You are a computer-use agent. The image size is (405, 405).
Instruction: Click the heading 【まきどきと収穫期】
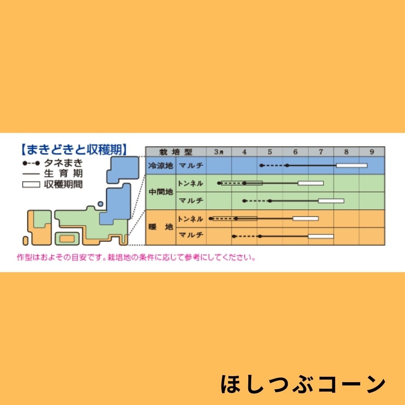[74, 150]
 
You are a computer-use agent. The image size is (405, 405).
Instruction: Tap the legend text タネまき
[63, 163]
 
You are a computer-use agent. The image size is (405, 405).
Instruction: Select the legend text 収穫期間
[63, 184]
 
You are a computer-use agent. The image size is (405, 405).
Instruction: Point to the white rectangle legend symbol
[31, 184]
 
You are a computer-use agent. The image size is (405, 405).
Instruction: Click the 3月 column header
[219, 151]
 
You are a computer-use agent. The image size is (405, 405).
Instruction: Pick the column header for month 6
[295, 152]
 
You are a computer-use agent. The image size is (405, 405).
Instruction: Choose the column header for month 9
[372, 152]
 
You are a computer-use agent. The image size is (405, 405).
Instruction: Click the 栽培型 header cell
[175, 152]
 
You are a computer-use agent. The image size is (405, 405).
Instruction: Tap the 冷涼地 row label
[160, 166]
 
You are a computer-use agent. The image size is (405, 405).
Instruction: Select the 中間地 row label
[160, 192]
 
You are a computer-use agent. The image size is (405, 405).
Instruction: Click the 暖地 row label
[160, 227]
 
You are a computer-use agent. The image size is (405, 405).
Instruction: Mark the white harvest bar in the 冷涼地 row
[351, 165]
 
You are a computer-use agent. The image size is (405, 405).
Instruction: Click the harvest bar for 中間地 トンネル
[311, 183]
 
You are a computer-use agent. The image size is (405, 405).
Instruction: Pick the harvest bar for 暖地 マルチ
[321, 236]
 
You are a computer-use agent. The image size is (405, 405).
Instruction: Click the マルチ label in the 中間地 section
[191, 201]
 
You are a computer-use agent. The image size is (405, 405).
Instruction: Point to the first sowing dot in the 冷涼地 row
[261, 165]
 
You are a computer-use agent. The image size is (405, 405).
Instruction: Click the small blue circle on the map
[100, 204]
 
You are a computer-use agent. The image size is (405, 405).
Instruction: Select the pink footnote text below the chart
[136, 258]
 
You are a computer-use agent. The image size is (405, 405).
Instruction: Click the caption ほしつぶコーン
[303, 384]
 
